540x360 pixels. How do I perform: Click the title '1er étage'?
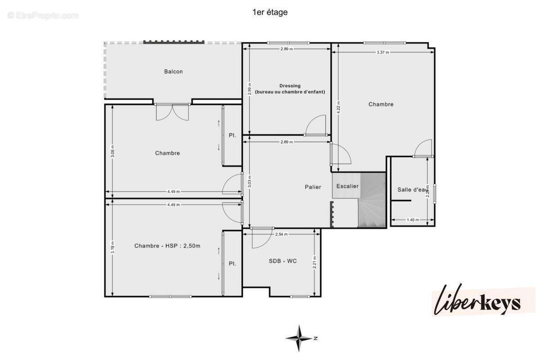270,13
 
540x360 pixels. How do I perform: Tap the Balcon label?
173,72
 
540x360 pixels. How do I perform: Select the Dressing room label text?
290,89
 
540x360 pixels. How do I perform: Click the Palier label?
312,187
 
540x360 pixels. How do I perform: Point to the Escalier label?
347,186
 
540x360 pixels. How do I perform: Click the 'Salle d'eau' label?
412,189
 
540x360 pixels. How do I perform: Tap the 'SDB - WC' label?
283,261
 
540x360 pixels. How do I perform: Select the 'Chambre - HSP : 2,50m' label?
167,246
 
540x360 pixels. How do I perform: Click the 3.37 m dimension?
383,52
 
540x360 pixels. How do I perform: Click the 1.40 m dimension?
413,220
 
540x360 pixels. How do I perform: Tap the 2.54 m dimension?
281,234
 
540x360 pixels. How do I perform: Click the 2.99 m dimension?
250,90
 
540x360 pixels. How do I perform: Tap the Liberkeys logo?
482,301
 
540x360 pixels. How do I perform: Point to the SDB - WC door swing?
261,238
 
